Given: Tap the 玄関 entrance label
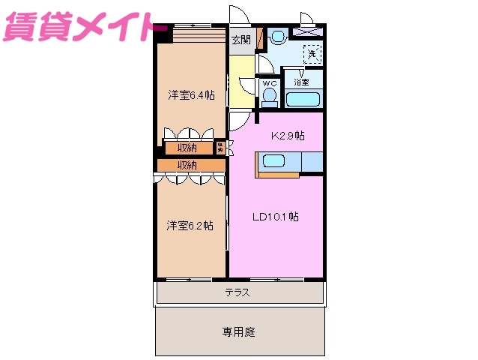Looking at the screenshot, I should (x=240, y=40).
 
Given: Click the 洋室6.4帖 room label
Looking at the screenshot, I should (x=191, y=94).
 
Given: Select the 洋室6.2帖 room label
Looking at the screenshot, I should (x=190, y=225).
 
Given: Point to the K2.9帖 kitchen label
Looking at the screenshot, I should (x=287, y=136).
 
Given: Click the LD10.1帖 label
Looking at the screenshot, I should (x=275, y=217).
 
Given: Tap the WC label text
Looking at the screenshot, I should (x=269, y=82).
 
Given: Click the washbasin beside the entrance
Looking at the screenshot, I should (x=277, y=36).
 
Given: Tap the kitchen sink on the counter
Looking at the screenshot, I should (x=272, y=161).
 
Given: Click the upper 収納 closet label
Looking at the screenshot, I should (x=187, y=147).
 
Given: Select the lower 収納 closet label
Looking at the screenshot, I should (x=187, y=165).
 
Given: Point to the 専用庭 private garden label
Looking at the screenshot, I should (x=238, y=331).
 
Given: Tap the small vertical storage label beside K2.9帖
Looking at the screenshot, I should (x=221, y=147).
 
